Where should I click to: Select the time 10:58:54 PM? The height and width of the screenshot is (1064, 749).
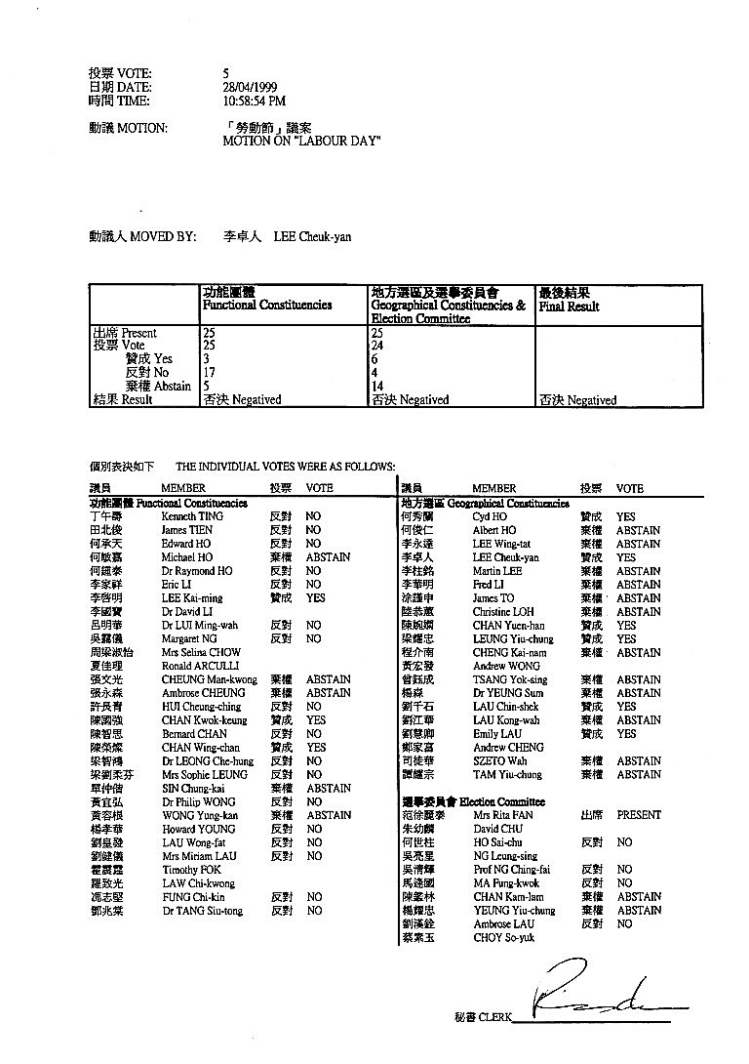tap(254, 101)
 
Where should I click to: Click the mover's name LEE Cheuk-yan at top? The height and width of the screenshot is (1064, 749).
tap(312, 236)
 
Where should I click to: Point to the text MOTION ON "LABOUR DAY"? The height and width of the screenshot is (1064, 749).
tap(301, 142)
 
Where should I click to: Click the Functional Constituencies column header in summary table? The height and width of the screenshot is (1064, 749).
tap(266, 305)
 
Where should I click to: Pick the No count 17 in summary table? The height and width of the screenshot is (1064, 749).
tap(209, 372)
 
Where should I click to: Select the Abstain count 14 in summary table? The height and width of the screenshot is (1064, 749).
tap(378, 386)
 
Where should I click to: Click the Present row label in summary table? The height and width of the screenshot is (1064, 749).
tap(124, 333)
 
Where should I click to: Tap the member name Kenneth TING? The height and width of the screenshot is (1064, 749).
tap(192, 516)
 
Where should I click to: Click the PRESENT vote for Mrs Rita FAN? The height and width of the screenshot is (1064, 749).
tap(639, 815)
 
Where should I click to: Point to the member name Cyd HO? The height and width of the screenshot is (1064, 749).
tap(489, 516)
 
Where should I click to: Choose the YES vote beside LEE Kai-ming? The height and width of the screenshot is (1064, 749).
tap(316, 597)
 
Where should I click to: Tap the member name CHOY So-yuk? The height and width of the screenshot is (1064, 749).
tap(501, 937)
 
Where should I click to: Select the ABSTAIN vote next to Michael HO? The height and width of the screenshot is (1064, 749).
tap(328, 557)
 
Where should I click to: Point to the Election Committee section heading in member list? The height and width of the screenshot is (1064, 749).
tap(501, 801)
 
